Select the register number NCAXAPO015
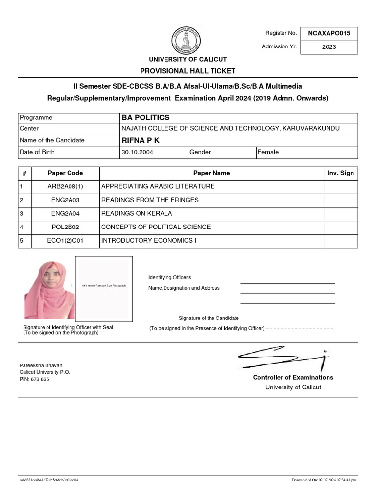click(x=329, y=33)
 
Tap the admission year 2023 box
click(x=329, y=47)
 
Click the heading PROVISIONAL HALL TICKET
click(x=188, y=71)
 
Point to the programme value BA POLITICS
click(x=145, y=117)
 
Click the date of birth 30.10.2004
click(x=137, y=152)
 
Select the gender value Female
click(x=268, y=152)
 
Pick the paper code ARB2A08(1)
click(x=66, y=186)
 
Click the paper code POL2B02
click(x=66, y=227)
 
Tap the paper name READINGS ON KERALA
click(x=137, y=213)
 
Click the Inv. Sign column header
click(x=340, y=173)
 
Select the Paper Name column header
click(x=211, y=173)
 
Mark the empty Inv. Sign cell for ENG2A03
click(x=340, y=200)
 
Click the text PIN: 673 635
click(x=34, y=379)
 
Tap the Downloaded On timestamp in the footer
click(x=324, y=480)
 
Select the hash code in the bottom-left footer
click(x=48, y=480)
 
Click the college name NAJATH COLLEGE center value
click(x=230, y=128)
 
